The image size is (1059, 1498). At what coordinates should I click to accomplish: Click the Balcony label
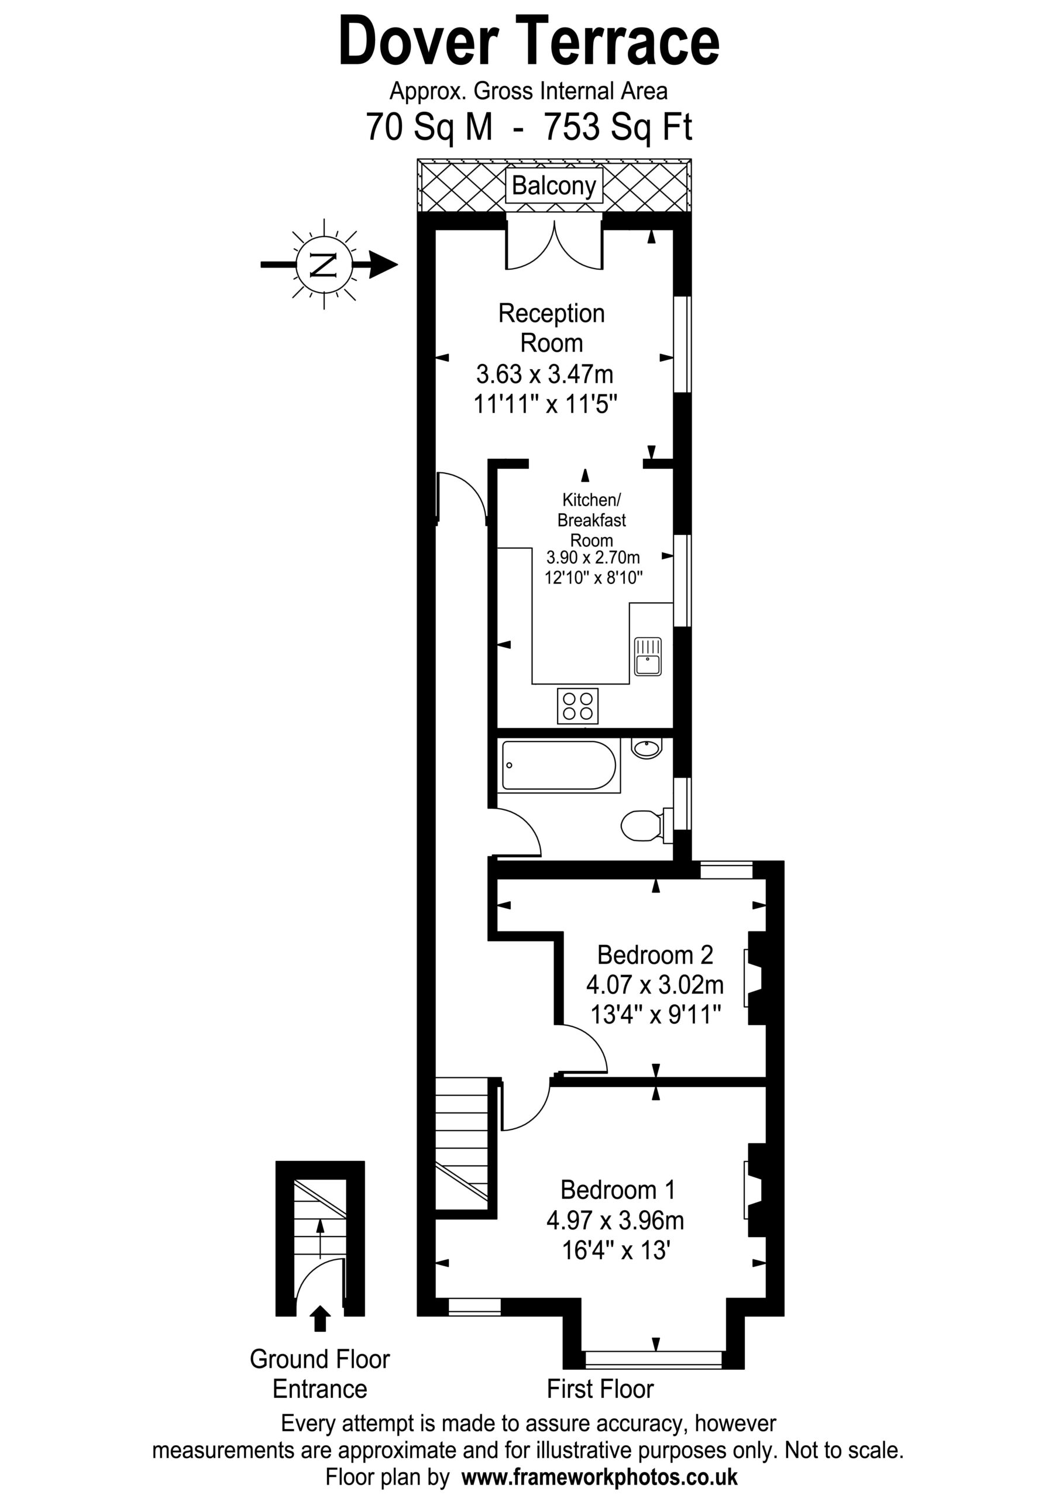[553, 186]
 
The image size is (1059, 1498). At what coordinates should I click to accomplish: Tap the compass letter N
[324, 264]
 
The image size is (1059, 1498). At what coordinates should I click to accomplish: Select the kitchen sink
[647, 657]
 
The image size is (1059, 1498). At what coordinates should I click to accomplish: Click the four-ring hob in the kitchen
[577, 705]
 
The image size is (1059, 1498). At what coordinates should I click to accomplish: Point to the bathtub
[559, 765]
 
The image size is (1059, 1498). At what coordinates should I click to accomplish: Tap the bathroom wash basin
[647, 748]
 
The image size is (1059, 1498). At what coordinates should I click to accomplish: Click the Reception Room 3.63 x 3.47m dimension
[545, 374]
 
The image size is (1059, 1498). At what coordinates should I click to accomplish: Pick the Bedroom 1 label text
[617, 1190]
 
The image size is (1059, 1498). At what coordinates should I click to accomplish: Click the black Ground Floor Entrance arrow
[319, 1318]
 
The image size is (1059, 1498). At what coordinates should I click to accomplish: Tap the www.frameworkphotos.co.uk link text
[600, 1476]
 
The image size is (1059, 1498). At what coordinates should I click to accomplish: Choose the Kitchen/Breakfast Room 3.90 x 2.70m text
[593, 558]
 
